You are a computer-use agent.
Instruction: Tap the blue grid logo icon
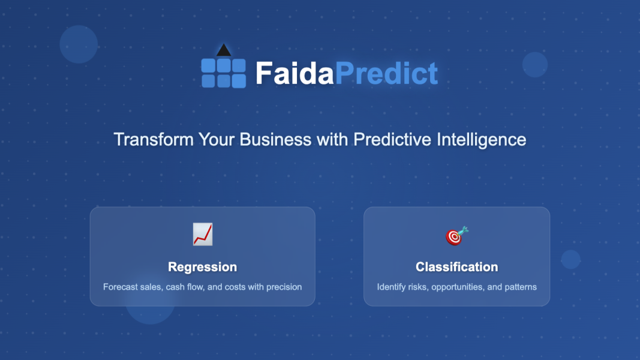tap(223, 73)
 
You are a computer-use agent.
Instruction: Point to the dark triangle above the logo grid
tap(224, 50)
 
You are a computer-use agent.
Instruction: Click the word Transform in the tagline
tap(154, 139)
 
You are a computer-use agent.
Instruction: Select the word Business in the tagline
tap(275, 139)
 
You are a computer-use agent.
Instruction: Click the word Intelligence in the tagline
tap(481, 139)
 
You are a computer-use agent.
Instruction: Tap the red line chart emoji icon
tap(203, 234)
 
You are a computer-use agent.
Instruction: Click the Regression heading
tap(202, 267)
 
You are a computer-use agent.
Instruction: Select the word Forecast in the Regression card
tap(120, 287)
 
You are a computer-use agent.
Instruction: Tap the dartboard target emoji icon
tap(456, 236)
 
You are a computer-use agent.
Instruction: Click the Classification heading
tap(456, 267)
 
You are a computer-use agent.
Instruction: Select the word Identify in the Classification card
tap(390, 287)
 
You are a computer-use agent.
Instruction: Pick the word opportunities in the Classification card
tap(457, 287)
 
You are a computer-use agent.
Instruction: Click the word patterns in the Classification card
tap(521, 287)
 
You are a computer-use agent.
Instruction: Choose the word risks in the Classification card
tap(418, 287)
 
